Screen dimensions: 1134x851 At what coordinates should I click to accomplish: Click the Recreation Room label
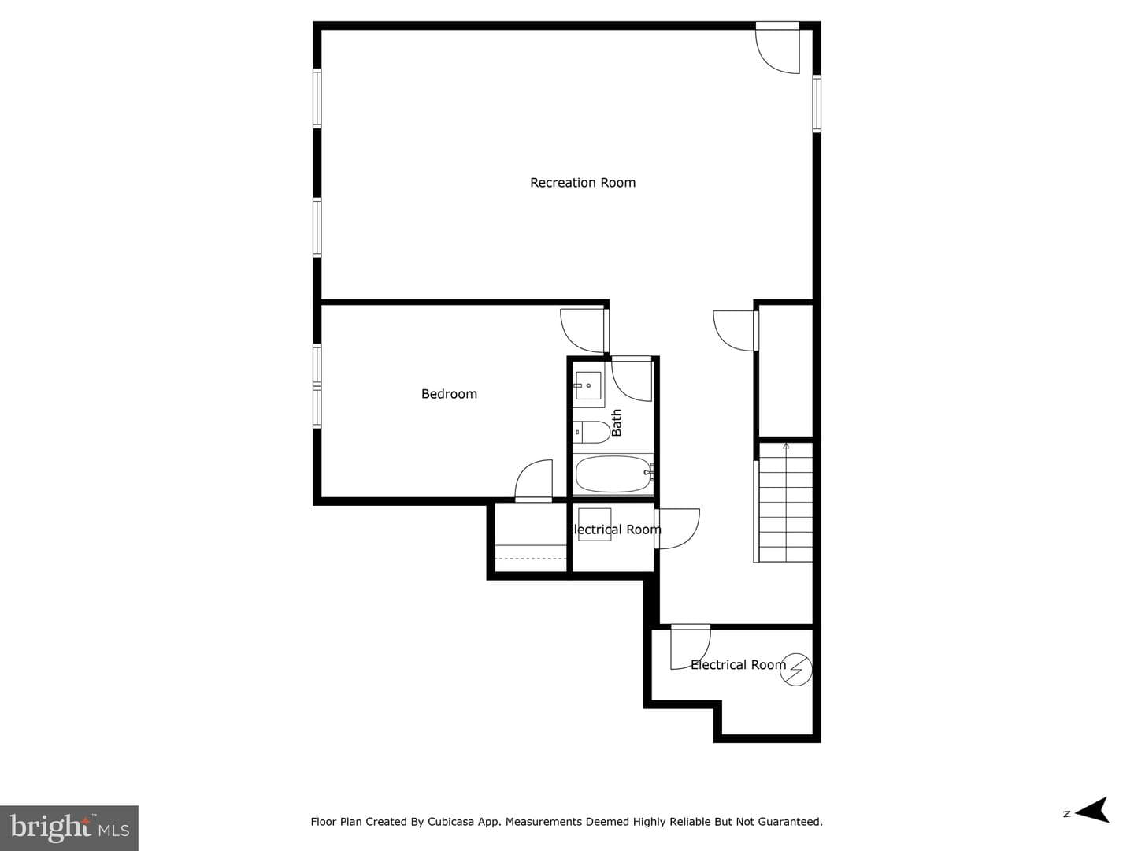pyautogui.click(x=583, y=182)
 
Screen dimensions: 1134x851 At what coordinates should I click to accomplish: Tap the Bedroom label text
pyautogui.click(x=449, y=394)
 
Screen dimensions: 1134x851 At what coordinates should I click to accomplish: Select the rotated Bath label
pyautogui.click(x=617, y=422)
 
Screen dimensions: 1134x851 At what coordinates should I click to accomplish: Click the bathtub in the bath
pyautogui.click(x=613, y=474)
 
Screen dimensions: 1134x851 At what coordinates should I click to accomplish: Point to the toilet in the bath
pyautogui.click(x=591, y=432)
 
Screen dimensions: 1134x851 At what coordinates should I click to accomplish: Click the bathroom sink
pyautogui.click(x=588, y=385)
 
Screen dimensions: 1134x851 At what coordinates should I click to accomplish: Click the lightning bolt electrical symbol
pyautogui.click(x=795, y=670)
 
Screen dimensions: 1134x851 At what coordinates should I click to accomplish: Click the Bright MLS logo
pyautogui.click(x=69, y=827)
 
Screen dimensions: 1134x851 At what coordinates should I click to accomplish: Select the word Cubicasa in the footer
pyautogui.click(x=450, y=822)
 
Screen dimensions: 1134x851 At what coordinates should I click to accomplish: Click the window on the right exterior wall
pyautogui.click(x=817, y=103)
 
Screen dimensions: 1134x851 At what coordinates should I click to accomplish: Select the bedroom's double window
pyautogui.click(x=317, y=386)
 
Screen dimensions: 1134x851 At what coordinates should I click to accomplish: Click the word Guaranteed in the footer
pyautogui.click(x=794, y=822)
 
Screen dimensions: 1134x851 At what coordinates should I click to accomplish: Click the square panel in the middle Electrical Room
pyautogui.click(x=595, y=525)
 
